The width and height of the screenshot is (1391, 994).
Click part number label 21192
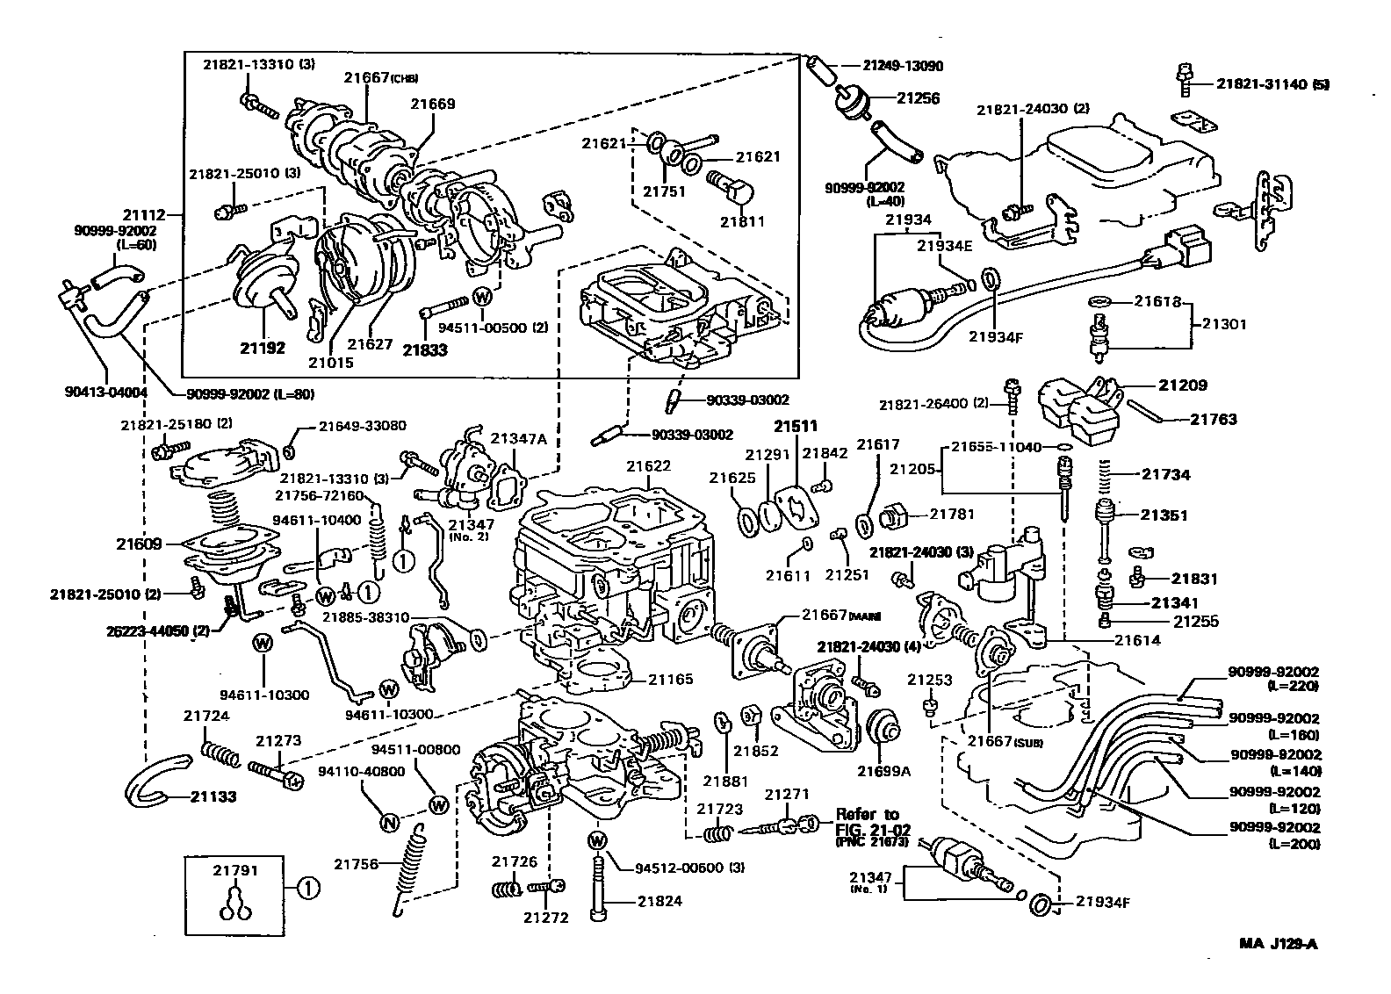coord(263,348)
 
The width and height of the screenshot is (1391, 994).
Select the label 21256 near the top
coord(918,98)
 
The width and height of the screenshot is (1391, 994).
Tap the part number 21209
coord(1182,385)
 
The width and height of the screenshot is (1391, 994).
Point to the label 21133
coord(213,797)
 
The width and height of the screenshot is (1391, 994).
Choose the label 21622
coord(649,465)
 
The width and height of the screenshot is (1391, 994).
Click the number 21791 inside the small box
coord(235,871)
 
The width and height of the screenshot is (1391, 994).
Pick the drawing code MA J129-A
coord(1279,945)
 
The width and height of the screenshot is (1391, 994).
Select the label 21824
coord(659,901)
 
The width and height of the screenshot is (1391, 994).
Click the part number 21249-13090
coord(903,66)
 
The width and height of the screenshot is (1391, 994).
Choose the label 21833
coord(425,349)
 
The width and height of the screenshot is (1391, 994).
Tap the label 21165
coord(671,679)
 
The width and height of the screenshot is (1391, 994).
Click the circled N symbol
coord(389,823)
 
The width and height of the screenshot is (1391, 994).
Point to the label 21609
coord(139,544)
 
